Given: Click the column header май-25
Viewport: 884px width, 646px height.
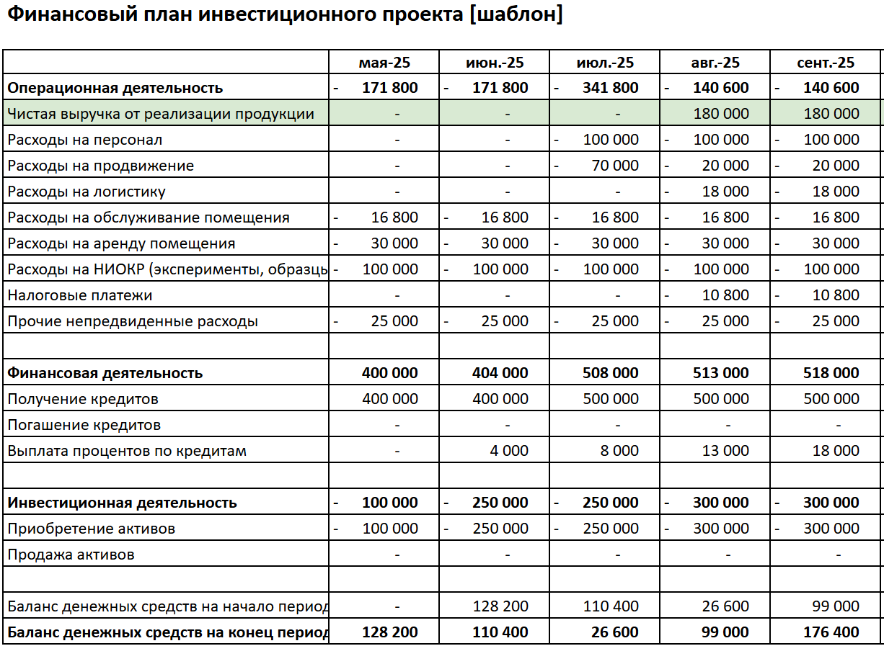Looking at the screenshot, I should [x=384, y=63].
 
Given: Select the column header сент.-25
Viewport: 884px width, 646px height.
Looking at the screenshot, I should [x=826, y=63].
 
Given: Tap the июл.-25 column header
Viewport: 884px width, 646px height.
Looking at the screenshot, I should [x=605, y=63].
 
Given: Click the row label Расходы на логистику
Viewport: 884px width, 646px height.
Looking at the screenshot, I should [x=87, y=192].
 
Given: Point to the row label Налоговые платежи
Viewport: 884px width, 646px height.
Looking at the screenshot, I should [x=80, y=295].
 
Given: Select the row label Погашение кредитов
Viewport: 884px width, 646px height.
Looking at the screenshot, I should [x=84, y=425].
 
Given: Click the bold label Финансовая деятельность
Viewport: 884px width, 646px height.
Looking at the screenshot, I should [x=105, y=373].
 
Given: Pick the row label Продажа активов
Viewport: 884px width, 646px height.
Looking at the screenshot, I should [x=71, y=555].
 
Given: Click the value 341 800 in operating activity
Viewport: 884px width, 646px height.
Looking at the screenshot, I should [x=611, y=88].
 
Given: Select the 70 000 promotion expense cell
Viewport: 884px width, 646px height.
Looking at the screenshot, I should [x=615, y=166].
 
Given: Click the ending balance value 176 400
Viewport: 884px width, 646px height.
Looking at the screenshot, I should [x=831, y=632].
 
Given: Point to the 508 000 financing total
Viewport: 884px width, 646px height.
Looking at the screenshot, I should [x=611, y=373].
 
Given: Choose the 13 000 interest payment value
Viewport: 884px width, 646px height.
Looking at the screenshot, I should [x=725, y=451].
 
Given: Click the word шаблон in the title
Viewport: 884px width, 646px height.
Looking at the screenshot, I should [x=515, y=14].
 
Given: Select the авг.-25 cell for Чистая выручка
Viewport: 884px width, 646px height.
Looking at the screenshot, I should [x=721, y=114].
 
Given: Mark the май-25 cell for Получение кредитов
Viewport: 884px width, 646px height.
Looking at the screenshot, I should [x=390, y=399].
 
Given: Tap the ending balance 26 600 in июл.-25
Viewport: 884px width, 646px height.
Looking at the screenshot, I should [x=615, y=632].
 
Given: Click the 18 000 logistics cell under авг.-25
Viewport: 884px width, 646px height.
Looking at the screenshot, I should [x=725, y=192].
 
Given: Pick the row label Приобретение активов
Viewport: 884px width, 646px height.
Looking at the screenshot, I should [x=92, y=529].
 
